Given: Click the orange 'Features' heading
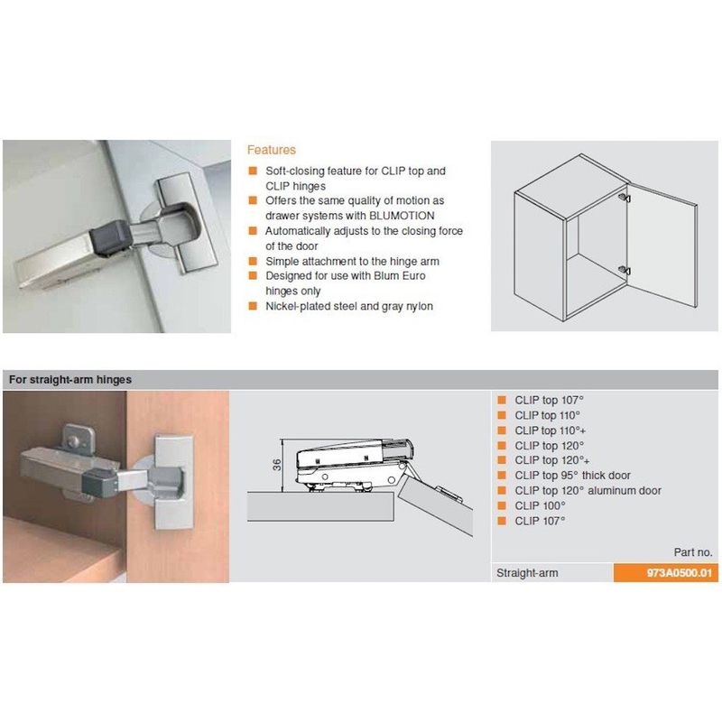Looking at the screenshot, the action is tap(272, 150).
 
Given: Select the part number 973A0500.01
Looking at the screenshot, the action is tap(680, 573).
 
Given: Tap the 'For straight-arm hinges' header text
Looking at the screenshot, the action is tap(70, 380).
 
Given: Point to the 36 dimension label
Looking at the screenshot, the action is tap(277, 465).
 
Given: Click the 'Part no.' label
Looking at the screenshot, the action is tap(693, 552).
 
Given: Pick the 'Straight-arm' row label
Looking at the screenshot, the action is tap(527, 573).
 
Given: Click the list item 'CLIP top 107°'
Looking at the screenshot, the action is tap(550, 400).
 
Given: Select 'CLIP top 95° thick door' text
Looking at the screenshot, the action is tap(573, 476).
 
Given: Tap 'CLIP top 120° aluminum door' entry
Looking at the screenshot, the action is tap(588, 490).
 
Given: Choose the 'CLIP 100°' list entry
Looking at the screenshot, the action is tap(540, 505).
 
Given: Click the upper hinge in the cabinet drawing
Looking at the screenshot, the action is tap(625, 198).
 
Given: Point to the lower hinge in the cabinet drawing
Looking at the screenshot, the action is tap(625, 270).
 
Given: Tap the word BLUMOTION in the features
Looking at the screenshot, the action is tap(402, 216).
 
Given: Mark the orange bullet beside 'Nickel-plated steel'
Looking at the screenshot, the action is tap(253, 306).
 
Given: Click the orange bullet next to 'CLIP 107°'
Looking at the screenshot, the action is tap(502, 521).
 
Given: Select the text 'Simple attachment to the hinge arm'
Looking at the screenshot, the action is tap(352, 262).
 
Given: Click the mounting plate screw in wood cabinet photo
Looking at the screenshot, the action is tap(71, 442).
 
